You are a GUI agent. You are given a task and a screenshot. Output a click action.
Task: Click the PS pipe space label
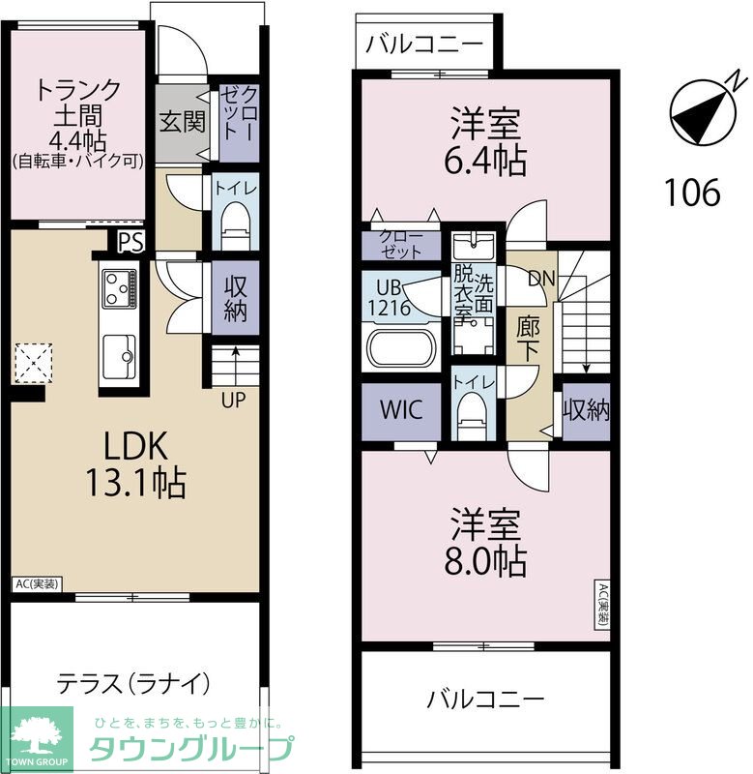point(131,243)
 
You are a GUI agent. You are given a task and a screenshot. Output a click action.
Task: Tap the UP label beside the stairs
point(233,400)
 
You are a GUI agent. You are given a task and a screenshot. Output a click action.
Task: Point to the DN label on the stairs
point(541,279)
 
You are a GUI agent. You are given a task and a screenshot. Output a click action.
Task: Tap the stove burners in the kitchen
point(118,288)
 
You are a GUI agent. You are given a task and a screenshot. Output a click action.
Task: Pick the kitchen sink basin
point(119,356)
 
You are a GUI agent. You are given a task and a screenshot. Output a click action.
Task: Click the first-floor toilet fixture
point(235,228)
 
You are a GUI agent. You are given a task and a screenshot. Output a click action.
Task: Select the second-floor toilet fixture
point(472,416)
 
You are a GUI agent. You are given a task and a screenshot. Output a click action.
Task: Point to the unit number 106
point(692,192)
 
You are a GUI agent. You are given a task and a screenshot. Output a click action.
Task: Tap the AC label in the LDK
point(38,584)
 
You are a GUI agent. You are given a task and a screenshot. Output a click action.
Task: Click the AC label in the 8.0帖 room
point(603,604)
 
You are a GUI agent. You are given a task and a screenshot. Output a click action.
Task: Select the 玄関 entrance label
point(182,122)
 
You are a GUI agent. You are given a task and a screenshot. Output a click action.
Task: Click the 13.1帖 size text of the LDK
point(136,483)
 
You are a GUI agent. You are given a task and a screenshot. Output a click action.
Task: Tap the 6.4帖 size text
point(485,160)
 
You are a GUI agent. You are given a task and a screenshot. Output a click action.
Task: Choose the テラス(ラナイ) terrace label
point(133,684)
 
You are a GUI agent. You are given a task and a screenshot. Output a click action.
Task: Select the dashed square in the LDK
point(34,363)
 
